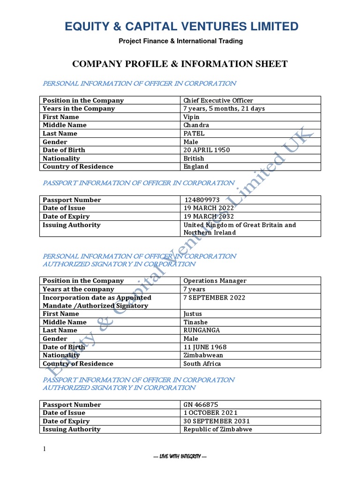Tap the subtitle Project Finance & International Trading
180,41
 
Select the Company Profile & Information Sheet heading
180,64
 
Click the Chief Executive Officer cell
218,100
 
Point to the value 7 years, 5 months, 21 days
224,109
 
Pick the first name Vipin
191,117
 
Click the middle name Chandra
196,125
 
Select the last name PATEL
194,134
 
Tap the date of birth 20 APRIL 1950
207,150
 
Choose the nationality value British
194,158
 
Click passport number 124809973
202,200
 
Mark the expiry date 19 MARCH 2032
209,217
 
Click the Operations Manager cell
215,281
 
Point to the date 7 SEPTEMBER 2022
214,298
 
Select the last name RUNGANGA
202,330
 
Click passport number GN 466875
201,405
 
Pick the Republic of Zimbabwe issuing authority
217,429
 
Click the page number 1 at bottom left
45,450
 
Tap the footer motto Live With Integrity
180,457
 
